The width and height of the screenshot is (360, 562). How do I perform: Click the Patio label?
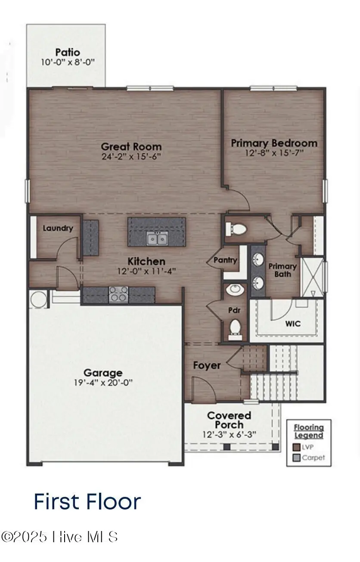point(67,52)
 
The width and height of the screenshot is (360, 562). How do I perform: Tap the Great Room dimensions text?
point(131,157)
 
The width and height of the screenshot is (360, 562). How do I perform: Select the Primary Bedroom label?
point(274,143)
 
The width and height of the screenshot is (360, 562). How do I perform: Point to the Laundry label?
point(58,229)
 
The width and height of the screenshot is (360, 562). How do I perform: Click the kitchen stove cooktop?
point(118,294)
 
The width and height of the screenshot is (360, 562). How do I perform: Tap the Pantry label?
point(225,260)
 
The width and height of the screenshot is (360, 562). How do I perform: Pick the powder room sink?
point(235,289)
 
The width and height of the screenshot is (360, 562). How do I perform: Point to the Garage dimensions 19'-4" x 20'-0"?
point(102,383)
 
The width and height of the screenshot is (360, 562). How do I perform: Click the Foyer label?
point(207,365)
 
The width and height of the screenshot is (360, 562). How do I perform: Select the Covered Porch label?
point(229,420)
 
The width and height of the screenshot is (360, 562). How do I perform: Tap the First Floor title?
point(87,502)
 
